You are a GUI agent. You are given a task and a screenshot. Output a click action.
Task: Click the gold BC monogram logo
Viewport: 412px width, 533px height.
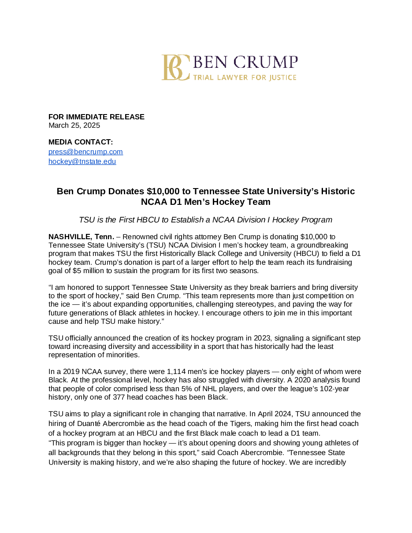point(175,67)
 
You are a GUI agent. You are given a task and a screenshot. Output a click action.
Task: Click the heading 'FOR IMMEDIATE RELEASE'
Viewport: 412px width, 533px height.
point(96,117)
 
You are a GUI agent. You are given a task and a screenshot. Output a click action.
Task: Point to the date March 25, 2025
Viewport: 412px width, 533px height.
point(74,125)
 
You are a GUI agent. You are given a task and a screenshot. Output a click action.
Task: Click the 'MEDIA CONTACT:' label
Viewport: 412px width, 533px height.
point(81,142)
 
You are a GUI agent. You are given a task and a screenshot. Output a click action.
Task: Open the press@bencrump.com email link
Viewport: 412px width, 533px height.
point(85,152)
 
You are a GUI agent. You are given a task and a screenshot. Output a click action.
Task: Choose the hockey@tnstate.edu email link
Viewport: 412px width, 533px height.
point(82,162)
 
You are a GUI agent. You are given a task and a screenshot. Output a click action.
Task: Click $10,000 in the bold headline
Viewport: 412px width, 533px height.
point(163,191)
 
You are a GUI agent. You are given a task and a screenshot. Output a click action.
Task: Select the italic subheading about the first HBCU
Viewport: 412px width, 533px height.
point(205,219)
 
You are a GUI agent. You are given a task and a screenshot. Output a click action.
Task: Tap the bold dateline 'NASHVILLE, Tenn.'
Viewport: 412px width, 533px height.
point(81,237)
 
